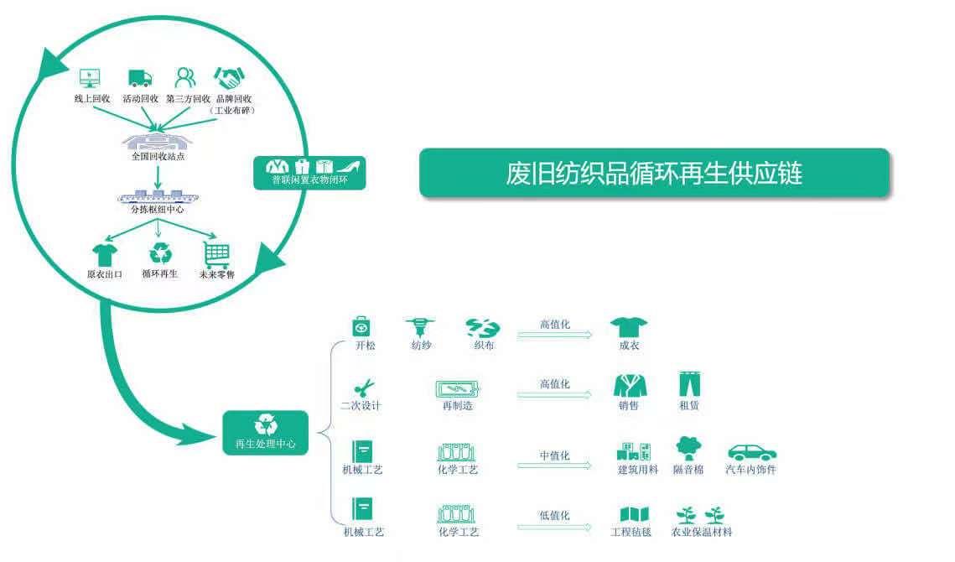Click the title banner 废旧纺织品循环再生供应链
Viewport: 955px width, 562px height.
[x=654, y=173]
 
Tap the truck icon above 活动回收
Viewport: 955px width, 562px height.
[x=140, y=79]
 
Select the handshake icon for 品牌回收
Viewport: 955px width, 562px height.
[x=228, y=79]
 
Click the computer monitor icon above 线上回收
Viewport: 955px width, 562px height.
[x=90, y=78]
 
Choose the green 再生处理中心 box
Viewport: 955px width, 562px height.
[x=265, y=433]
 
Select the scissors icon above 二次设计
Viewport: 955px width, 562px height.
[x=364, y=388]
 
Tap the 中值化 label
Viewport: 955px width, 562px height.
[x=555, y=455]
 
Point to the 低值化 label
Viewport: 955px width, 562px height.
[x=555, y=516]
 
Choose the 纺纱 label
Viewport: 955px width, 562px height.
[x=422, y=345]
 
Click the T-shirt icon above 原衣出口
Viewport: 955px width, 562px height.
[x=104, y=253]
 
